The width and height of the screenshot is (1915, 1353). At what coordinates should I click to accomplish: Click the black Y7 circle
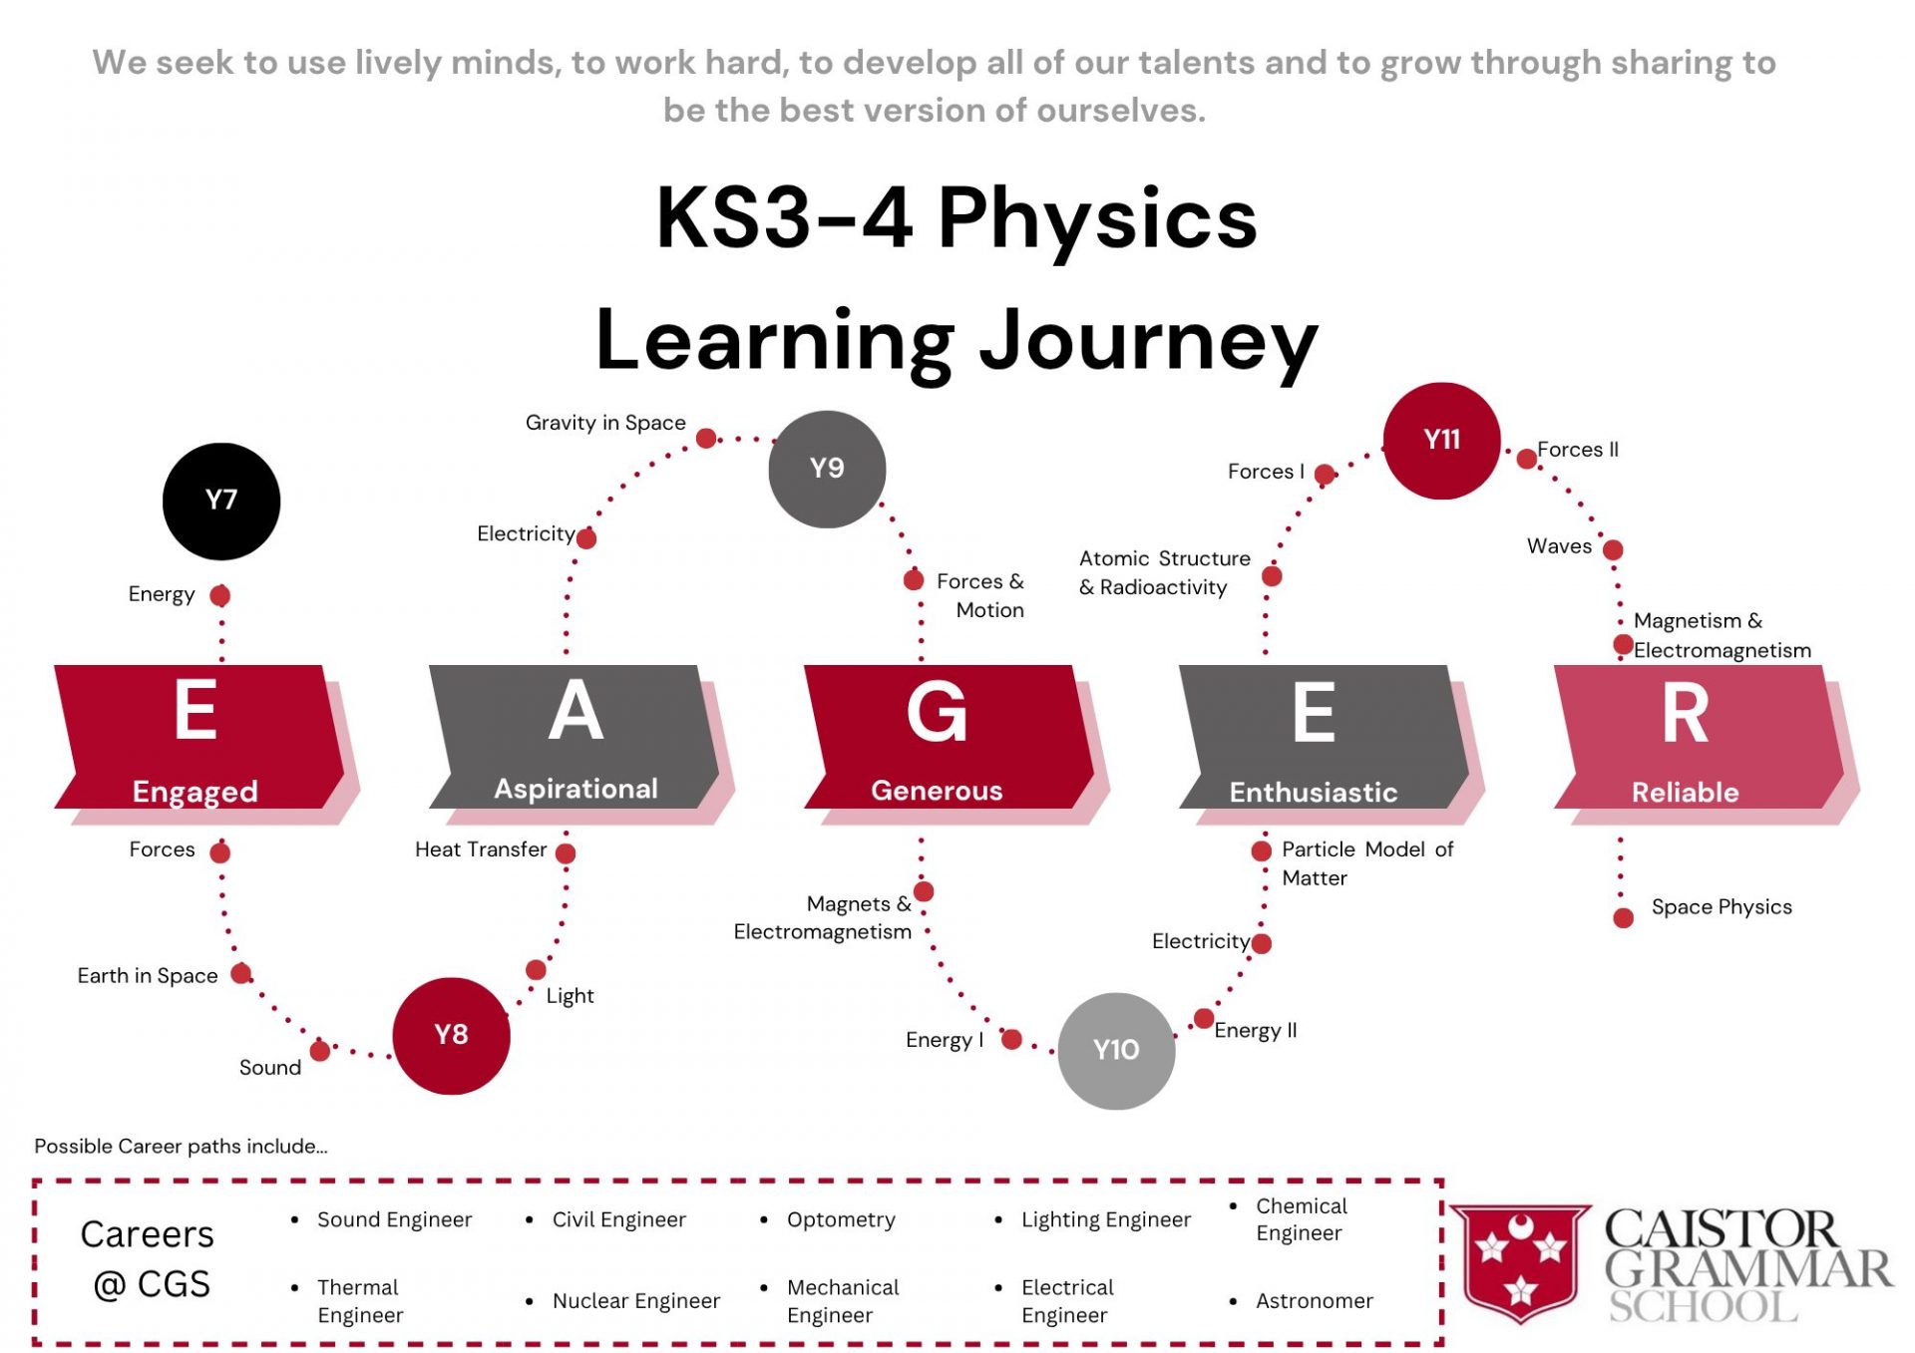click(x=221, y=502)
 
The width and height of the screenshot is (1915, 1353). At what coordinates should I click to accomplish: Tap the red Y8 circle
click(x=451, y=1036)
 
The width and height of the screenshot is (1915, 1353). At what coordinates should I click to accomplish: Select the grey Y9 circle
click(x=827, y=469)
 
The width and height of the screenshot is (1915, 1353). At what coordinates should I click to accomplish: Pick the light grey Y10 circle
click(x=1116, y=1051)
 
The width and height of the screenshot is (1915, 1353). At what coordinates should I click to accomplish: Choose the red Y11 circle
click(x=1441, y=441)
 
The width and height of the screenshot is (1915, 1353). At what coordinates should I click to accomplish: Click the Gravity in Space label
click(x=605, y=423)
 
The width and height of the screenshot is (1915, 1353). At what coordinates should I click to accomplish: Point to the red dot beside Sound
click(x=320, y=1051)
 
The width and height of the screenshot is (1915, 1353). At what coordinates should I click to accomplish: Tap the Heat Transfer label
click(x=481, y=849)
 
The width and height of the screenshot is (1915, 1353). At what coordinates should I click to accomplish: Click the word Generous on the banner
click(x=937, y=791)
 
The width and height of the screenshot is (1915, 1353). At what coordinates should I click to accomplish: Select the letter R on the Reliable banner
click(x=1685, y=714)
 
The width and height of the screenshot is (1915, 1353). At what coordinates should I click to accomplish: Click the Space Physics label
click(x=1722, y=907)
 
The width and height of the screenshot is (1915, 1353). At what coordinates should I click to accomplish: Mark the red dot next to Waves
click(x=1613, y=549)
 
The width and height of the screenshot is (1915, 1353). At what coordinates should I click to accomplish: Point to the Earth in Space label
click(x=148, y=976)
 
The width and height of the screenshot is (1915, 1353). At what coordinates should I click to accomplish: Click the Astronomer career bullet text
click(x=1314, y=1301)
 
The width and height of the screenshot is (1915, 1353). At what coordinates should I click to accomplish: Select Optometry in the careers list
click(x=841, y=1220)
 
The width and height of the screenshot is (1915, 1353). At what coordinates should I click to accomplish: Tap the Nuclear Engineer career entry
click(x=635, y=1301)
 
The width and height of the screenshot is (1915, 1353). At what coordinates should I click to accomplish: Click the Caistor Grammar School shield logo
click(x=1520, y=1262)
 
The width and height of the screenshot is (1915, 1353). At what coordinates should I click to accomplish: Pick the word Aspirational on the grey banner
click(x=575, y=790)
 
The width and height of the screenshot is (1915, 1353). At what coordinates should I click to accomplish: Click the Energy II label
click(x=1255, y=1031)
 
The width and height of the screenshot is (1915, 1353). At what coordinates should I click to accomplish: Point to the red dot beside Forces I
click(x=1325, y=475)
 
